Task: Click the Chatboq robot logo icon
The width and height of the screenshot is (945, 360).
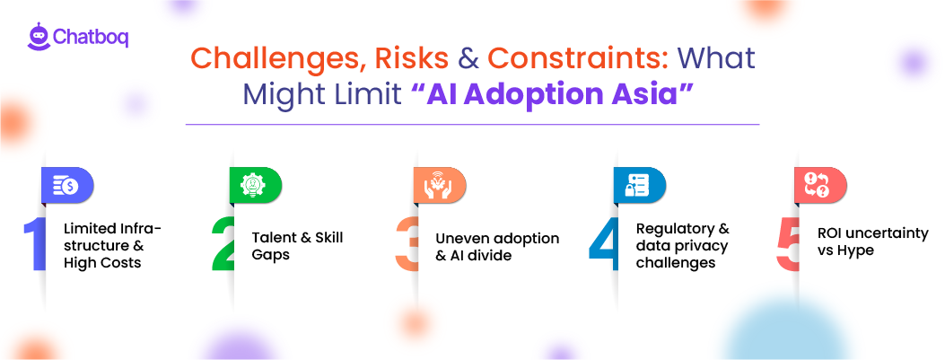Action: click(37, 37)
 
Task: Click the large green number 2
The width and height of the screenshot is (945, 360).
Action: click(223, 242)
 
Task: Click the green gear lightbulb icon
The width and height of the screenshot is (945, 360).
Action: click(251, 184)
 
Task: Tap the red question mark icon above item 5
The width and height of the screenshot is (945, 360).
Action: click(817, 184)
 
